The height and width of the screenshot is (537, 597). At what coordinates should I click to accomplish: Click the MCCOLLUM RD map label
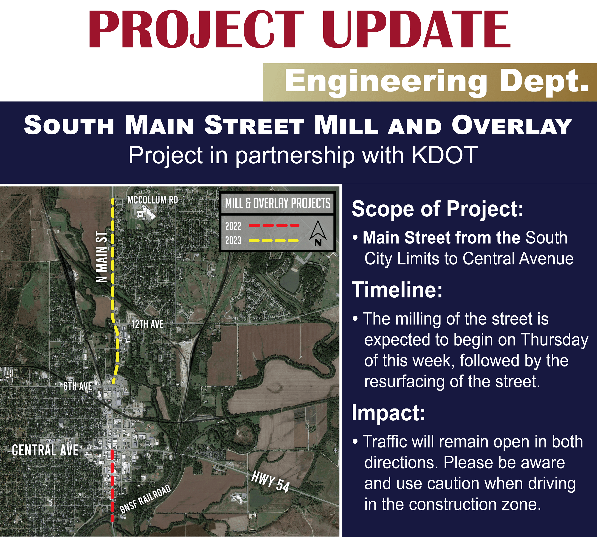point(152,200)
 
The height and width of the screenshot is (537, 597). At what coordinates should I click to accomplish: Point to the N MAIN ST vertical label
point(102,257)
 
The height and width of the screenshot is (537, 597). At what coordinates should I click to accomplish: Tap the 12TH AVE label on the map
point(147,324)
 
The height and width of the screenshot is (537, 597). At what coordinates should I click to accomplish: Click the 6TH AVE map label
point(78,386)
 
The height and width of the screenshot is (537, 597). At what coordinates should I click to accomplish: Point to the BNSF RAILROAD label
point(145,499)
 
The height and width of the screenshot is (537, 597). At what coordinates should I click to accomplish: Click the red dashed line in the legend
point(274,225)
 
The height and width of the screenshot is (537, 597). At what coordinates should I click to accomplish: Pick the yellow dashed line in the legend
point(274,241)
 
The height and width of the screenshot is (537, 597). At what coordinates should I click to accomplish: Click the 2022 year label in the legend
point(233,226)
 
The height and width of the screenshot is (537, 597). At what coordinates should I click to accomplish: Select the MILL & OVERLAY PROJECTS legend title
point(278,203)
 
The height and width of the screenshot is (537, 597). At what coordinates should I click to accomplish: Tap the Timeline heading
point(397,290)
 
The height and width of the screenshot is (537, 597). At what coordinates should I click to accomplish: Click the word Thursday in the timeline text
point(554,340)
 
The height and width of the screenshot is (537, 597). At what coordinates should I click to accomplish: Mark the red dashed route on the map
point(112,484)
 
